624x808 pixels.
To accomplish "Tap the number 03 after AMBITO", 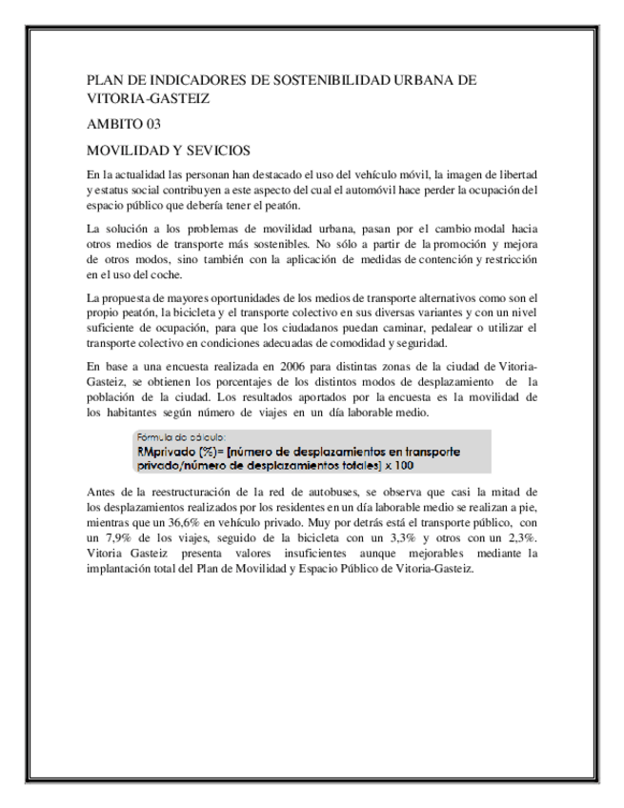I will coord(151,124).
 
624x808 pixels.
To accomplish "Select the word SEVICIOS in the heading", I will coord(220,151).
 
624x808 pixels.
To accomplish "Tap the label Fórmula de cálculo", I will coord(179,437).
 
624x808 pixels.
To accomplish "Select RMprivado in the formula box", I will coord(169,452).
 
